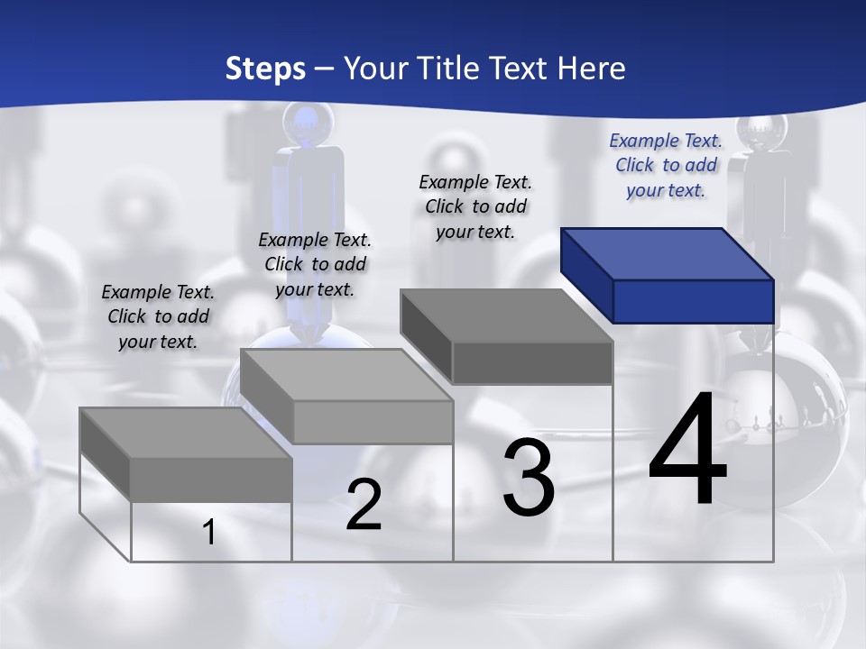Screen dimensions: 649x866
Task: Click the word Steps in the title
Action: pos(265,69)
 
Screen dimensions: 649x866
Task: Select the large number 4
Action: pos(688,450)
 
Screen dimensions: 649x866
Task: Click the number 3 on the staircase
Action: pos(529,478)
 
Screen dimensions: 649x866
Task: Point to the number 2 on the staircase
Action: pos(364,506)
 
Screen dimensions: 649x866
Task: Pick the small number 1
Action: pos(208,533)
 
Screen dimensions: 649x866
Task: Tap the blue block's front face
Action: pos(693,301)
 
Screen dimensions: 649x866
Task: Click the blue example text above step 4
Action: pos(666,165)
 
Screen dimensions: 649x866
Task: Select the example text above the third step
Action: pos(475,206)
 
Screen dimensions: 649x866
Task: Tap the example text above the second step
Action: pos(315,264)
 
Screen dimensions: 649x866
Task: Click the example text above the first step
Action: pos(158,316)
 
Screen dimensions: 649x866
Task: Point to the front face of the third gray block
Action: pos(532,363)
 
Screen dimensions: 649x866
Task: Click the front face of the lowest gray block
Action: pos(211,480)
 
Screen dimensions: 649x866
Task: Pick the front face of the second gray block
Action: pos(373,422)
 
